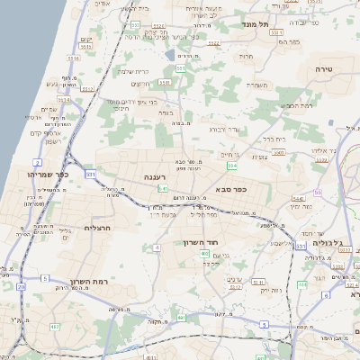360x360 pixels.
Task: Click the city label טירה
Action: pyautogui.click(x=325, y=68)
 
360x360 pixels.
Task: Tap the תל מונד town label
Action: pyautogui.click(x=245, y=24)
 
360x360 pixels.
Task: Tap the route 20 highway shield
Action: pyautogui.click(x=21, y=286)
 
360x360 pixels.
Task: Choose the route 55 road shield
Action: pyautogui.click(x=318, y=193)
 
